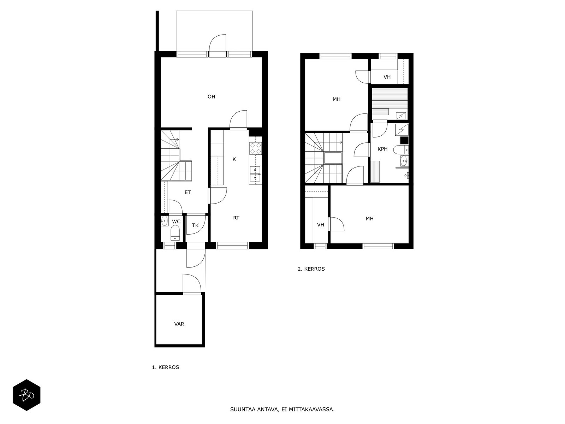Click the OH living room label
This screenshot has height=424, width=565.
[x=211, y=96]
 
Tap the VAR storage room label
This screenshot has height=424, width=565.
[x=179, y=324]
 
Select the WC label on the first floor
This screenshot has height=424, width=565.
[x=176, y=222]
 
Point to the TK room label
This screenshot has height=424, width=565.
[x=195, y=225]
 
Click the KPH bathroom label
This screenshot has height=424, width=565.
[x=382, y=149]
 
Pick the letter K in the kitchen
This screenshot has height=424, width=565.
[x=234, y=159]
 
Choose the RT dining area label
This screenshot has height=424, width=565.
[x=236, y=218]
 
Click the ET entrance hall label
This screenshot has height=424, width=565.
[x=188, y=192]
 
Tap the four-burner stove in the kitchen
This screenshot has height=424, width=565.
[x=256, y=148]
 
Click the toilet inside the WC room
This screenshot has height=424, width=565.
[x=175, y=233]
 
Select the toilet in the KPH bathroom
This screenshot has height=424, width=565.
[x=402, y=149]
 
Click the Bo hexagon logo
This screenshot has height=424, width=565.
[x=27, y=395]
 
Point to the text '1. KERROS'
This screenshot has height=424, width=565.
[x=166, y=367]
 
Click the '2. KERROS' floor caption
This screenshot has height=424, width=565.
[x=311, y=269]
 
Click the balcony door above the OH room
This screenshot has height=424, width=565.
[x=217, y=46]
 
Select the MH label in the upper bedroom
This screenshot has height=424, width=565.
[x=337, y=99]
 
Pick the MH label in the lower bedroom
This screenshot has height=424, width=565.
[x=369, y=219]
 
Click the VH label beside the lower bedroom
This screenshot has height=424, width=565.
[x=321, y=225]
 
